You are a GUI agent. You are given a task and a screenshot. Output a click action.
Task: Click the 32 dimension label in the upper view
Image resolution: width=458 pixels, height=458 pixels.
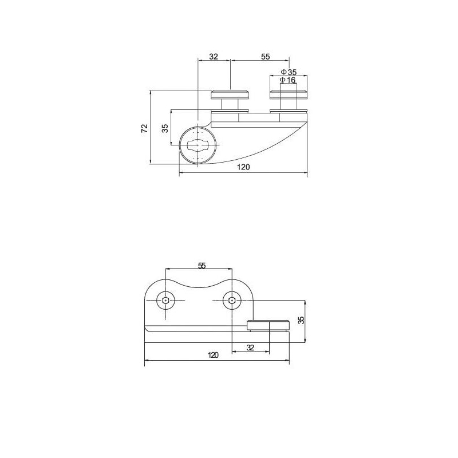214,57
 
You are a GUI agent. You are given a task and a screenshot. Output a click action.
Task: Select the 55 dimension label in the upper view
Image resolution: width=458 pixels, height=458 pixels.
265,57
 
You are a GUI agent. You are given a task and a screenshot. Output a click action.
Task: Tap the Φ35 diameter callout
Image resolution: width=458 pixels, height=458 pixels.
289,72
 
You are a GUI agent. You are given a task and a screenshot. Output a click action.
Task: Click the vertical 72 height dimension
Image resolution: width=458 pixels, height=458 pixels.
144,127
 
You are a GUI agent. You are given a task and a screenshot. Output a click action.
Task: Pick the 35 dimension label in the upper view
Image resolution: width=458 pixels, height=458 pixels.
165,128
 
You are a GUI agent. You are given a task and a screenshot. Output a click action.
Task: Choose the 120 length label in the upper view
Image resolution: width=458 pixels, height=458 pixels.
243,168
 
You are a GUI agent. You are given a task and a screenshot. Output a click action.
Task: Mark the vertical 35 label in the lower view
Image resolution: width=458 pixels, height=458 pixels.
302,319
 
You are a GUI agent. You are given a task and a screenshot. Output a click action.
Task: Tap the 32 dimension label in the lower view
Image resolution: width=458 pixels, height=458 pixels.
250,348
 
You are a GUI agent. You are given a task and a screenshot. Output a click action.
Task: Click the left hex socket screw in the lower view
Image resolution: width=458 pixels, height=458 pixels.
165,301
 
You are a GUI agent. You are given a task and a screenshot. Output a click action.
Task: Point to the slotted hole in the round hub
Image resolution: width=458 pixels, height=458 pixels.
198,145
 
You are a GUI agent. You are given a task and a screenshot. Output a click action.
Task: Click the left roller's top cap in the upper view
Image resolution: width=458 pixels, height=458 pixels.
230,94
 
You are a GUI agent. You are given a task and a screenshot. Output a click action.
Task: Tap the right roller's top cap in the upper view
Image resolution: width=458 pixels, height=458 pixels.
289,94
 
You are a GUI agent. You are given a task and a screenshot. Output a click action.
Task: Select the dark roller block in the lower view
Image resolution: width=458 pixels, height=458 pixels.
269,326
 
